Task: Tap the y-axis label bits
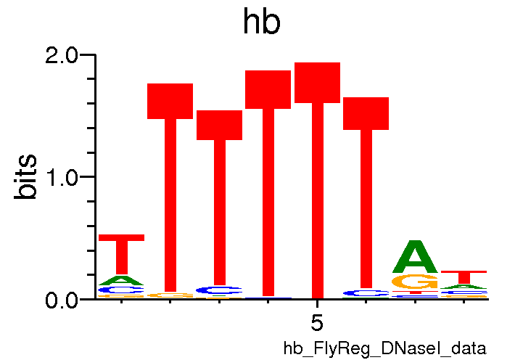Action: pyautogui.click(x=27, y=176)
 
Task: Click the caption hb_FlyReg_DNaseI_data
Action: pyautogui.click(x=384, y=348)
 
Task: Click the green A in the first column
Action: pyautogui.click(x=122, y=280)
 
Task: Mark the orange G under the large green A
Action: pyautogui.click(x=416, y=282)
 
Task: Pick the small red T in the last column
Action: pyautogui.click(x=464, y=276)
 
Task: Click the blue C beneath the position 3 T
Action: pyautogui.click(x=220, y=290)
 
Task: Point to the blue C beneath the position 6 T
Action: pyautogui.click(x=366, y=293)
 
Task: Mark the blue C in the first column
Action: pyautogui.click(x=122, y=290)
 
